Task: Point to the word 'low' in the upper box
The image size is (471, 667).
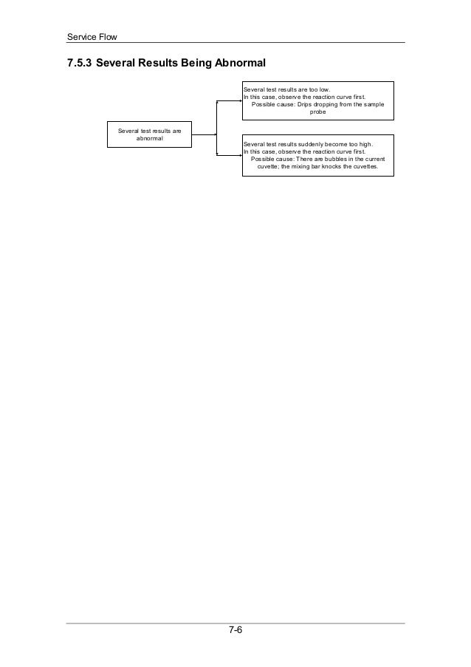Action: (324, 89)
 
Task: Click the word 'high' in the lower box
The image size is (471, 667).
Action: (365, 144)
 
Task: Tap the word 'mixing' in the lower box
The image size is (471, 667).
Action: (297, 167)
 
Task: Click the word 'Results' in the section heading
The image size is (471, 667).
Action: (143, 64)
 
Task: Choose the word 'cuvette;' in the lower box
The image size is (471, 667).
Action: (269, 167)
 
